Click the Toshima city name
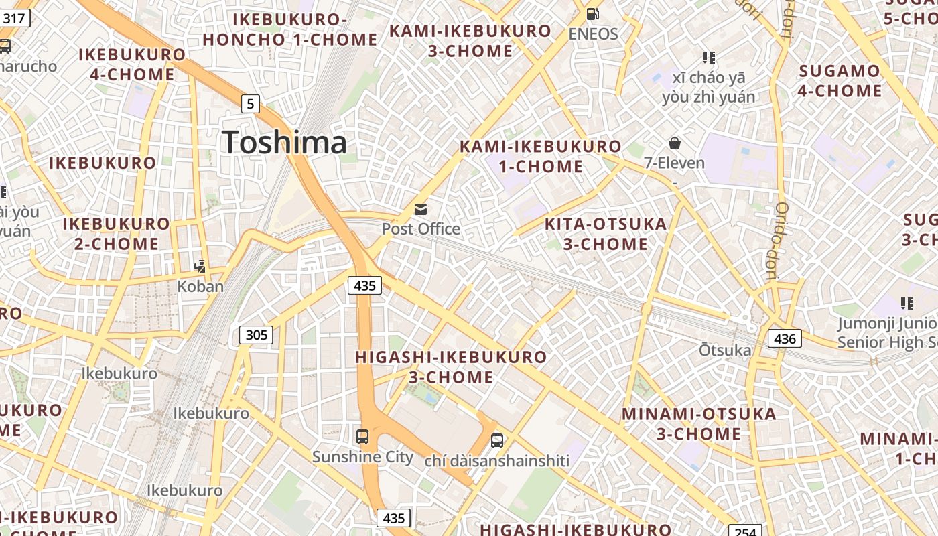[x=285, y=142]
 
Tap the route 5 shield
[x=250, y=104]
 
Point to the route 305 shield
[x=257, y=334]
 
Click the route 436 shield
[x=785, y=338]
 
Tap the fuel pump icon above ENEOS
[x=593, y=13]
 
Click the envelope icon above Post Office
[x=421, y=210]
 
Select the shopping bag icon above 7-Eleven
[x=675, y=143]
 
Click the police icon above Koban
[x=200, y=267]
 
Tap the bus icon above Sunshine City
[x=362, y=437]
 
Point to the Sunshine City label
[x=363, y=457]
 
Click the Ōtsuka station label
[x=726, y=350]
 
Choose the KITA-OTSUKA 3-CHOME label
[x=606, y=234]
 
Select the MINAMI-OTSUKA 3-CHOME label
[x=699, y=423]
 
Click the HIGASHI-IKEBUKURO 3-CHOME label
[x=451, y=367]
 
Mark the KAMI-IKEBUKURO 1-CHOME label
[x=541, y=156]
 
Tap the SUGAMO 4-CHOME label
[x=840, y=80]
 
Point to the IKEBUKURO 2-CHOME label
[x=117, y=233]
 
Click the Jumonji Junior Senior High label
[x=887, y=333]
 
